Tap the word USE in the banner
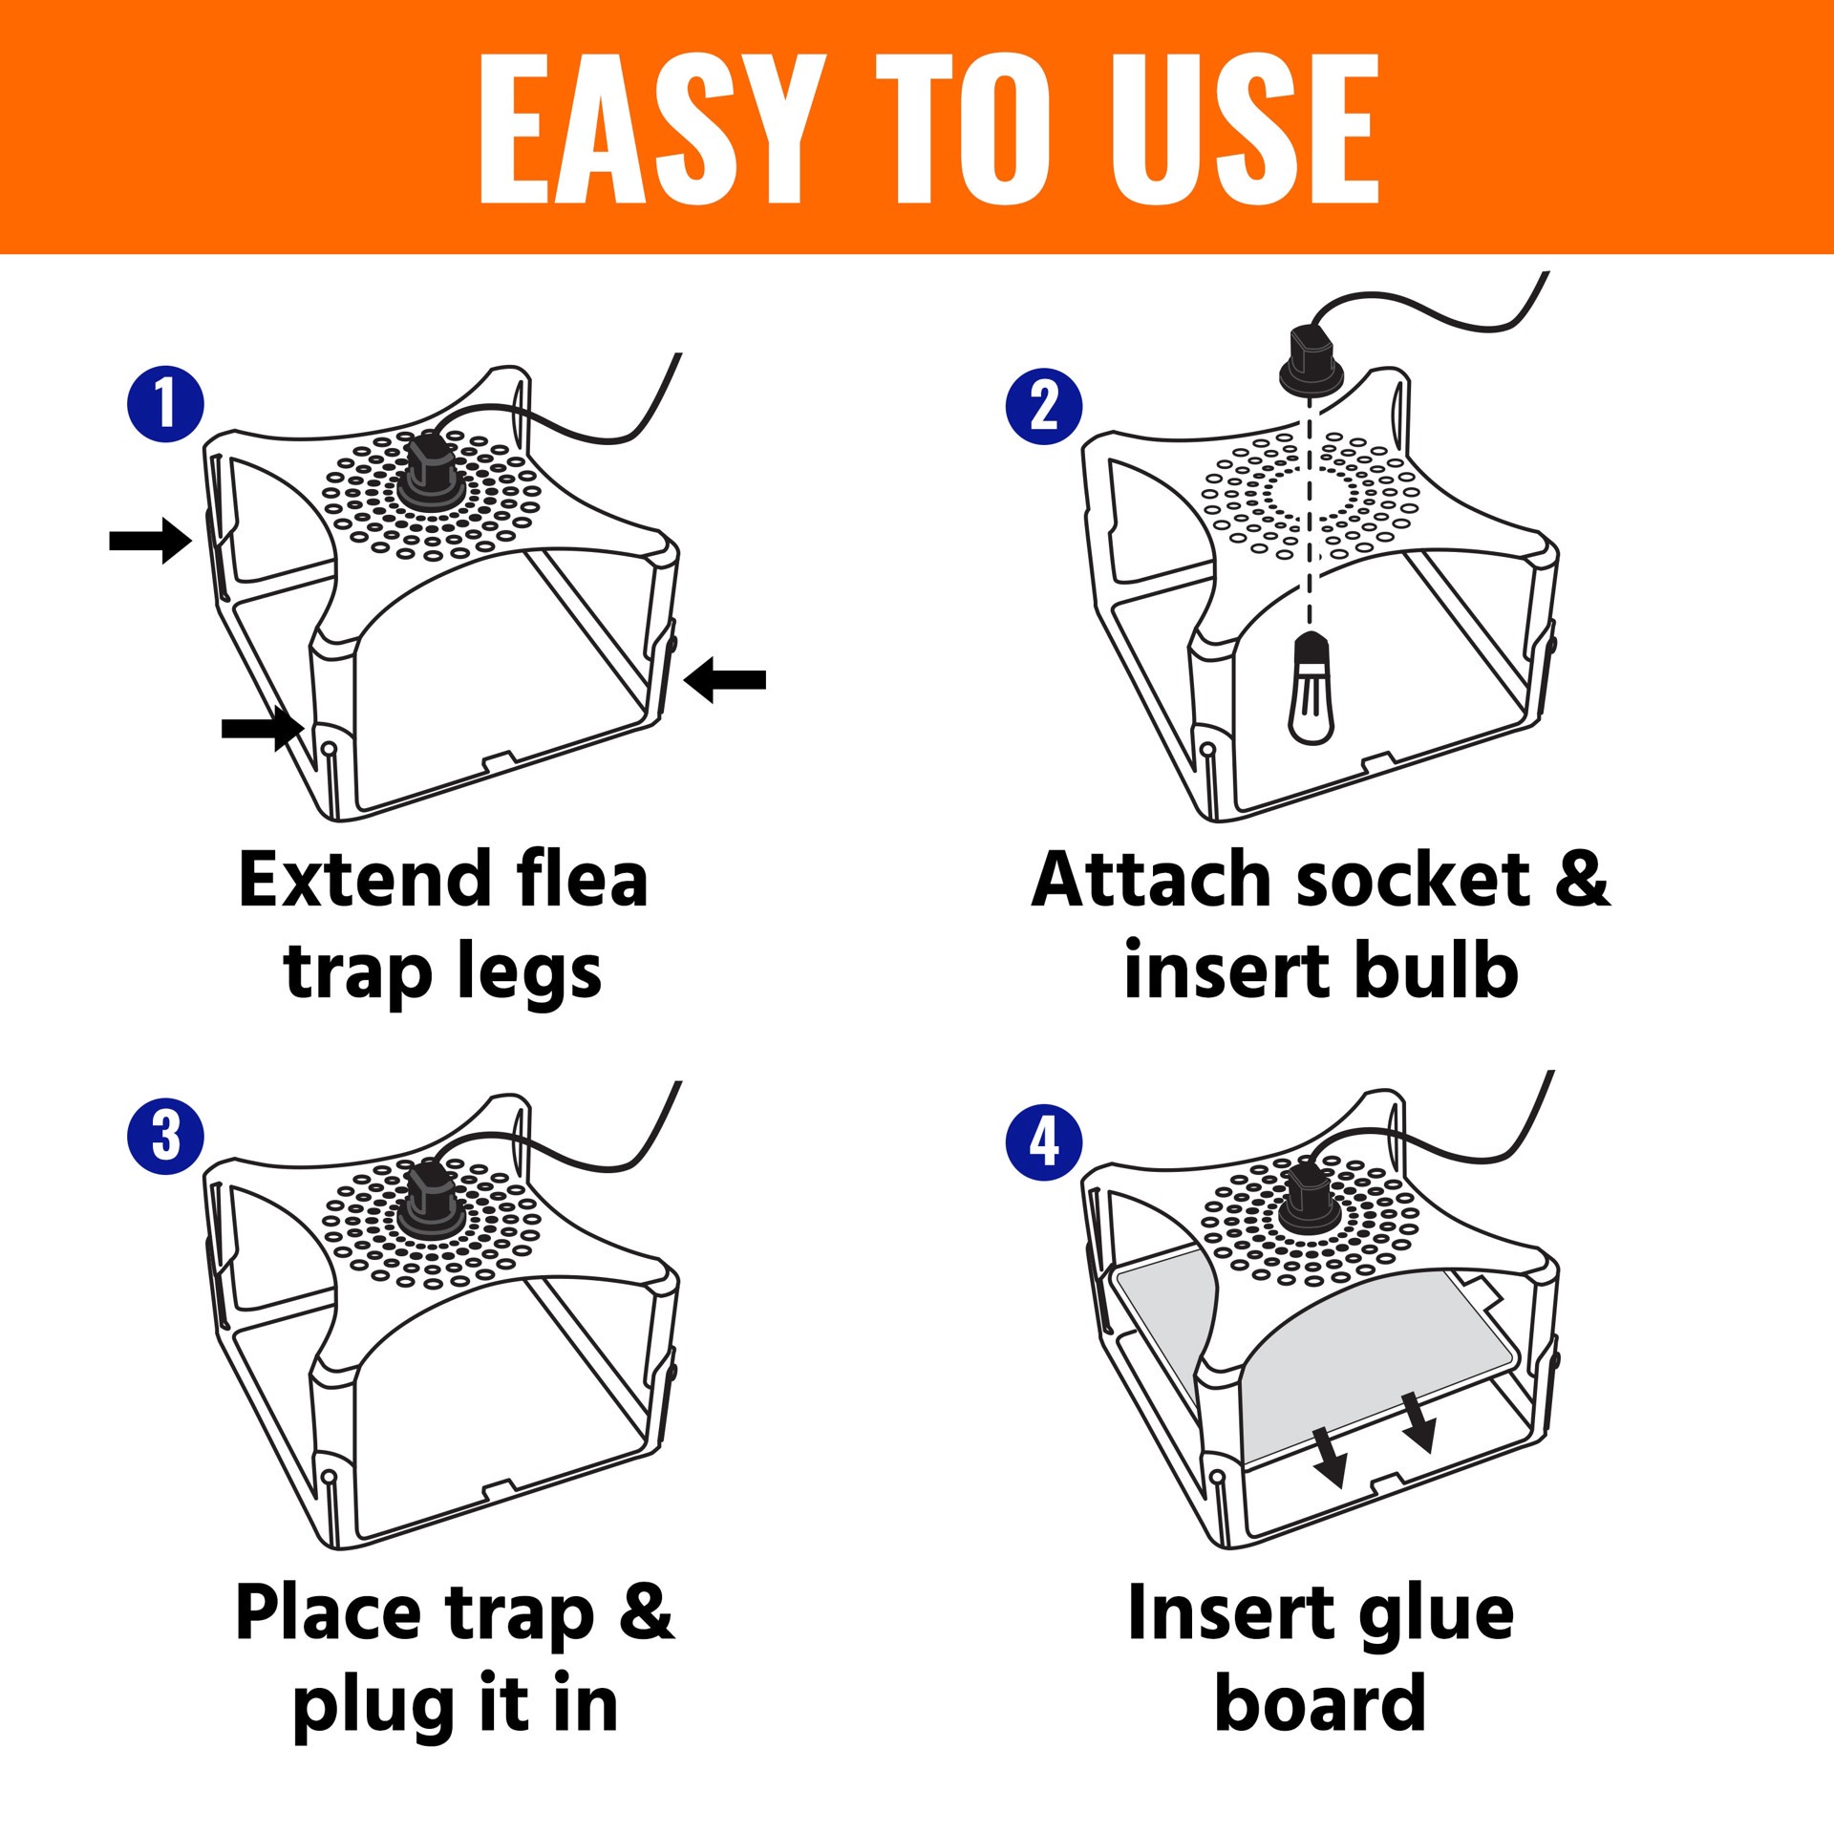[1245, 129]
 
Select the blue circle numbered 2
[1044, 407]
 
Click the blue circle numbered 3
[165, 1136]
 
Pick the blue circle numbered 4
[1044, 1142]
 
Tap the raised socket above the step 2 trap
[1312, 361]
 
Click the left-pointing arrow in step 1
[726, 679]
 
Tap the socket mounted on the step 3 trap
[432, 1203]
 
